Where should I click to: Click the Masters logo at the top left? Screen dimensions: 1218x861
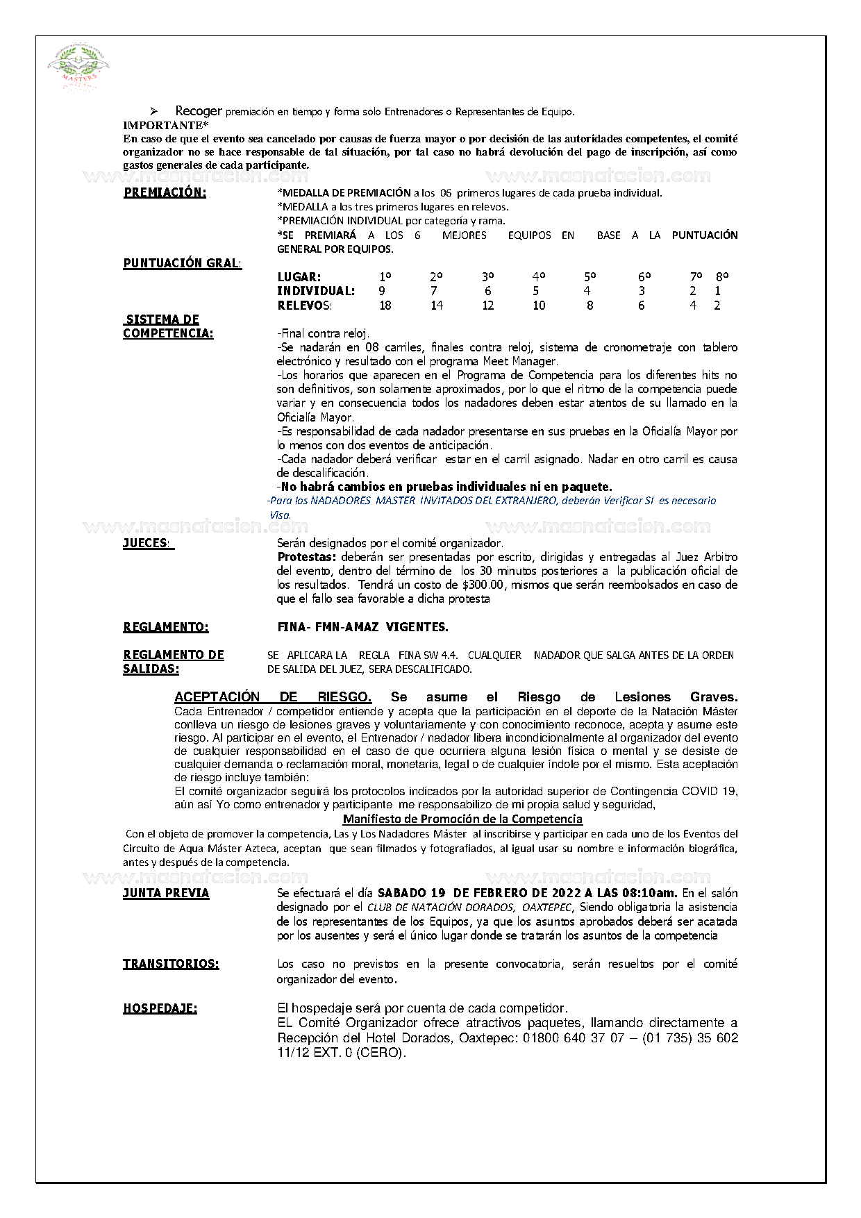78,68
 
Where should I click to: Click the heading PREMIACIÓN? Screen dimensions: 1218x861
165,193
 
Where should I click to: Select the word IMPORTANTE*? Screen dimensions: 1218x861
165,125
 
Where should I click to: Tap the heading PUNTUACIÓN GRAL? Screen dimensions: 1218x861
183,263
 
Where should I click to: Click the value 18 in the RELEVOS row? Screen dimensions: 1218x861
385,306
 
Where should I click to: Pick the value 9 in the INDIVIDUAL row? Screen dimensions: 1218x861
382,291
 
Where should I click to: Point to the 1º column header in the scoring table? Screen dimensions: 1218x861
385,276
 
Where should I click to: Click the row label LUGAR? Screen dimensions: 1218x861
299,277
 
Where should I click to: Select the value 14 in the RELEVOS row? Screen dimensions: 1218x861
436,306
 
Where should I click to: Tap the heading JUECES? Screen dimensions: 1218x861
148,544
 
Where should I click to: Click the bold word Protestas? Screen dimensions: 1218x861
306,557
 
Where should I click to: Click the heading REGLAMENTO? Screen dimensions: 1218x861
165,627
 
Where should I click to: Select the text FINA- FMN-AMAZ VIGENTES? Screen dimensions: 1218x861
362,627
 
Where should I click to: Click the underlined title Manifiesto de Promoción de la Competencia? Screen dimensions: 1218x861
462,819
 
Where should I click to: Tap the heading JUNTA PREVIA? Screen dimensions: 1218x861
166,893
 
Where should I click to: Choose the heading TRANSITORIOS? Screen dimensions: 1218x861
171,964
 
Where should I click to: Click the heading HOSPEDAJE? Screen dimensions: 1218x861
160,1008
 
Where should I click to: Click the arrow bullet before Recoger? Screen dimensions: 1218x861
155,111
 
